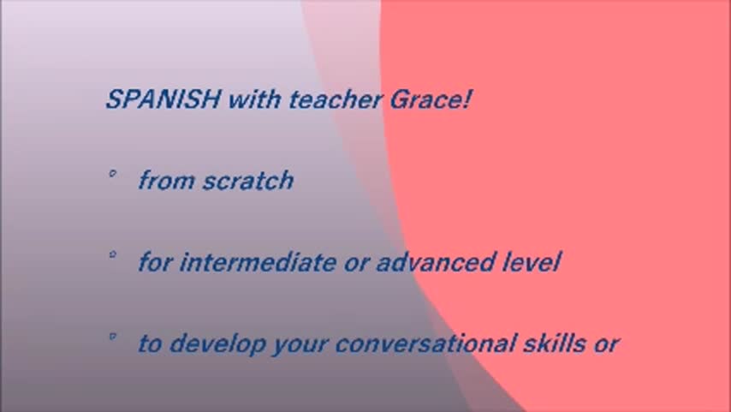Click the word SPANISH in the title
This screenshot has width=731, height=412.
pyautogui.click(x=163, y=99)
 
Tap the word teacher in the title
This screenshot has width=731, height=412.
pyautogui.click(x=336, y=99)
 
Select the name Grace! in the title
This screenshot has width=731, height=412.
pyautogui.click(x=431, y=99)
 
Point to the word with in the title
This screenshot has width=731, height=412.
pyautogui.click(x=254, y=99)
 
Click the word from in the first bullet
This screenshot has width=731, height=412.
pyautogui.click(x=166, y=180)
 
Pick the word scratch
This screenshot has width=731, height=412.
pyautogui.click(x=248, y=180)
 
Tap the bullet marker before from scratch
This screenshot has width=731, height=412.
pyautogui.click(x=112, y=174)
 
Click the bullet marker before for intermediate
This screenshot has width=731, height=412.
pyautogui.click(x=112, y=254)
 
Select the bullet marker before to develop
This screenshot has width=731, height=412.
pyautogui.click(x=112, y=336)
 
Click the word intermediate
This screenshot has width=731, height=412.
pyautogui.click(x=258, y=262)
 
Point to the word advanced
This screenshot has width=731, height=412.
pyautogui.click(x=435, y=262)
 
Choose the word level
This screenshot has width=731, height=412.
pyautogui.click(x=532, y=262)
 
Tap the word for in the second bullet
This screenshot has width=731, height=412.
pyautogui.click(x=155, y=262)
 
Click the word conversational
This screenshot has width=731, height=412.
pyautogui.click(x=425, y=343)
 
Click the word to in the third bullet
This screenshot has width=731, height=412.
pyautogui.click(x=150, y=343)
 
